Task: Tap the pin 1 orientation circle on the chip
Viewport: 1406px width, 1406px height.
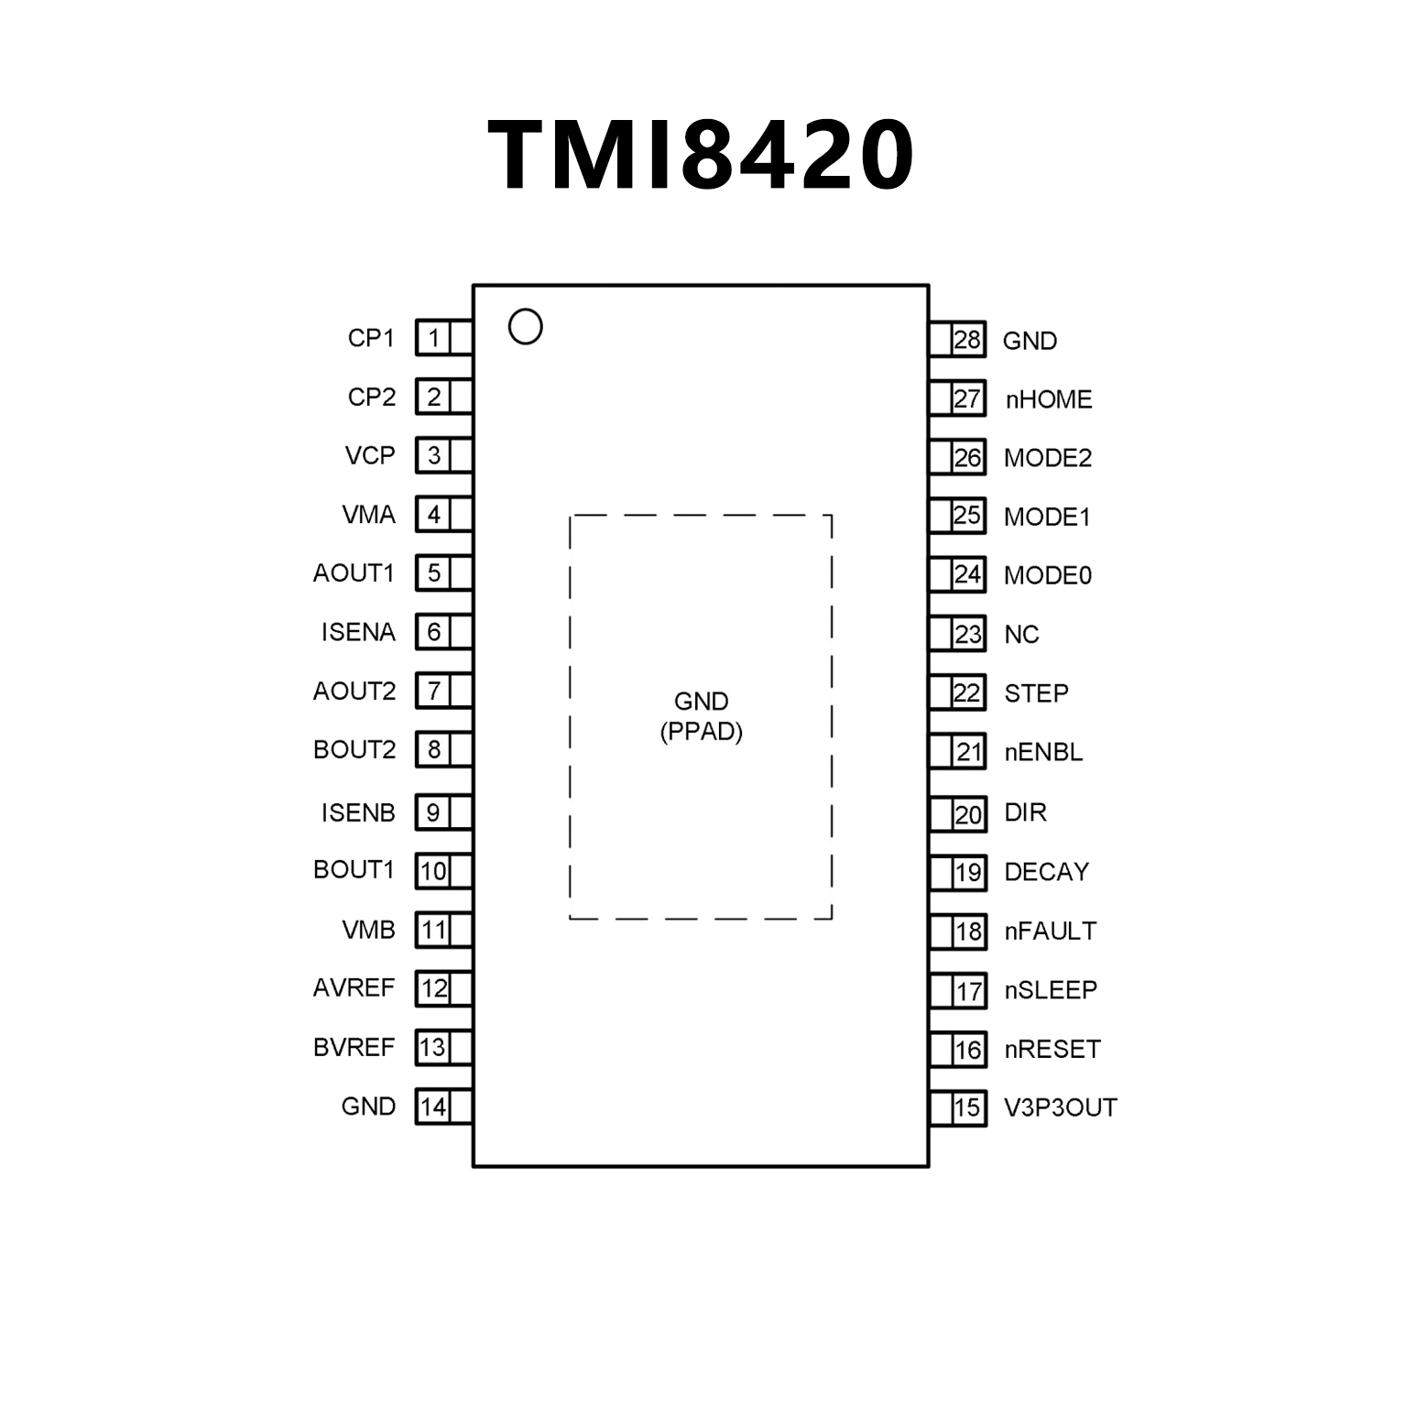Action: (x=525, y=327)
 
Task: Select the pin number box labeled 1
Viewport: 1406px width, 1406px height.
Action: (x=433, y=338)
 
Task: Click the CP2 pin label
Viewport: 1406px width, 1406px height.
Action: (x=371, y=397)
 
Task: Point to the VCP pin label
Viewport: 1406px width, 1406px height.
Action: (x=370, y=455)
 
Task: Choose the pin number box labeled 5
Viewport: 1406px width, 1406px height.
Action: (x=433, y=573)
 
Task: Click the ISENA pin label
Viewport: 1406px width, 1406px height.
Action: (x=358, y=632)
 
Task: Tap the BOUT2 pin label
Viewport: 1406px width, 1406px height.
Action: (x=354, y=749)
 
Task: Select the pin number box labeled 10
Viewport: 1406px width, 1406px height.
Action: (x=433, y=871)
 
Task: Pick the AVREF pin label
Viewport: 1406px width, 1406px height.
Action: (x=354, y=987)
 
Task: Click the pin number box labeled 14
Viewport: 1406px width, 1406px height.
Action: (x=433, y=1106)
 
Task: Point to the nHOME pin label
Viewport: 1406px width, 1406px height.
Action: (x=1049, y=399)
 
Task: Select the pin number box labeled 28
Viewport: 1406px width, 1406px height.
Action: (x=967, y=340)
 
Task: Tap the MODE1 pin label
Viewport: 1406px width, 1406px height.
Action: (x=1047, y=517)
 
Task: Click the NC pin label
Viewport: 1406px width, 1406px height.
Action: (x=1021, y=635)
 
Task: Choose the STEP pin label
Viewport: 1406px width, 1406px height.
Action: (x=1036, y=693)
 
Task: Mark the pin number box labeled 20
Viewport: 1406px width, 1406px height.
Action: (x=967, y=814)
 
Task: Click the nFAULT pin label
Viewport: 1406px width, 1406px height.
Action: (x=1050, y=931)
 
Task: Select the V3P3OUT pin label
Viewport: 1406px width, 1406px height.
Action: (x=1060, y=1107)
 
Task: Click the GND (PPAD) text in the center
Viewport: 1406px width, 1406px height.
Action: (x=701, y=716)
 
